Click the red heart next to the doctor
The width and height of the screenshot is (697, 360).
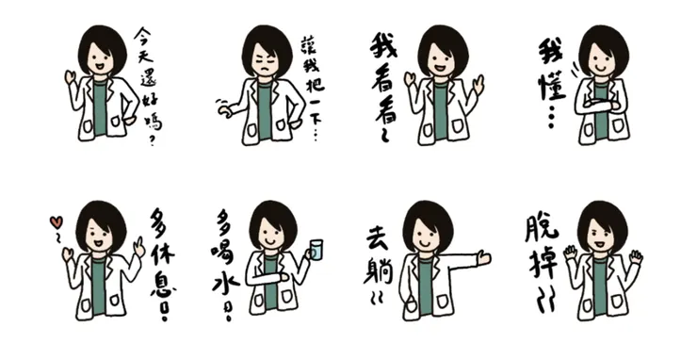click(56, 222)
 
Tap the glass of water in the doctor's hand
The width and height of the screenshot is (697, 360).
click(316, 250)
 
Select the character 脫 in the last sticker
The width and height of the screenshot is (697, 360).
click(542, 228)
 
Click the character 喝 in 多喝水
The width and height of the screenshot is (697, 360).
click(225, 254)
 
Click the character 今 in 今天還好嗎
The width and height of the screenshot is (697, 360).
click(143, 35)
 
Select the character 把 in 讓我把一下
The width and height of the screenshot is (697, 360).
click(315, 84)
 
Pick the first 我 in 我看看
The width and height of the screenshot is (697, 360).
click(383, 47)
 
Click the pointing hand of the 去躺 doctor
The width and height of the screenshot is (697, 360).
click(483, 257)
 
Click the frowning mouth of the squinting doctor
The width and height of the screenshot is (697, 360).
click(265, 70)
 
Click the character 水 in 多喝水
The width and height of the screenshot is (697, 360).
click(225, 283)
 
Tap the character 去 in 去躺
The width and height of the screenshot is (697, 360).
click(378, 240)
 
